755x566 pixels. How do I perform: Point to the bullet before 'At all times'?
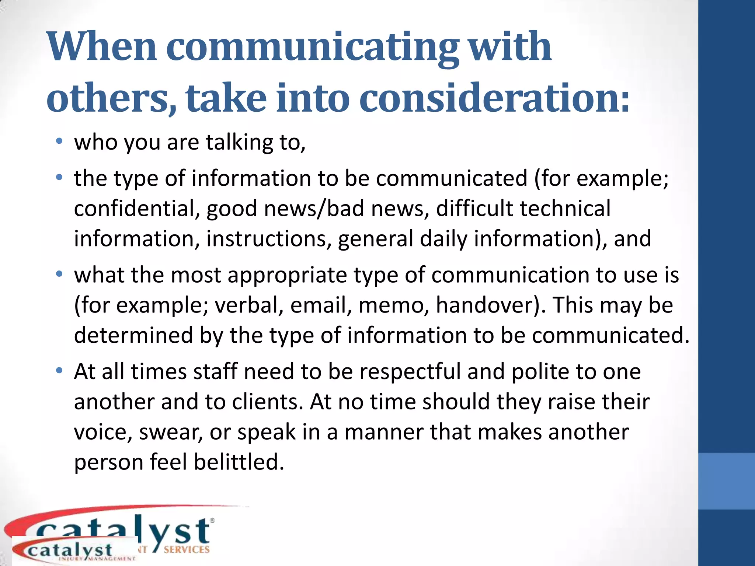tap(59, 371)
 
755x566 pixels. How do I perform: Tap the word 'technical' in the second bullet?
tap(566, 209)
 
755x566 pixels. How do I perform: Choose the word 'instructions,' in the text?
tap(266, 239)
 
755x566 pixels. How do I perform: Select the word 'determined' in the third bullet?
tap(133, 335)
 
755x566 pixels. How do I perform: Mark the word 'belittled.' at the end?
tap(239, 462)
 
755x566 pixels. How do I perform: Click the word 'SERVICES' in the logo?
tap(187, 550)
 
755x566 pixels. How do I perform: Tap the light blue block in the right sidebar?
tap(726, 481)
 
